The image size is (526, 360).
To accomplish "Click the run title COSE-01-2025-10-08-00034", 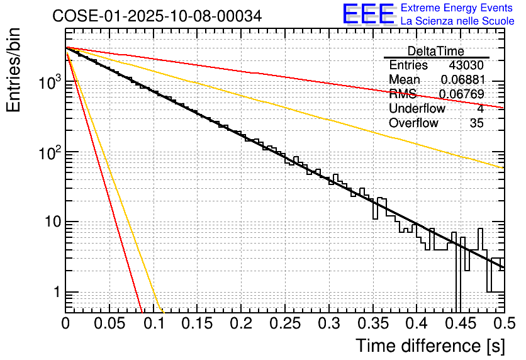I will [157, 16].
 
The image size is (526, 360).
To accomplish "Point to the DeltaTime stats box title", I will [436, 51].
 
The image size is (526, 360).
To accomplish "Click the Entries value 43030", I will [466, 65].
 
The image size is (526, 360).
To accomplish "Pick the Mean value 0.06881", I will [462, 80].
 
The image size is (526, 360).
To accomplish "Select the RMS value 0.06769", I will [462, 94].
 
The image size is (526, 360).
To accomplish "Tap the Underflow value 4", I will [480, 109].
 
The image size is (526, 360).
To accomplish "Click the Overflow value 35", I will [476, 123].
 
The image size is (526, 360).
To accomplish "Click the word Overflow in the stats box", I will [413, 123].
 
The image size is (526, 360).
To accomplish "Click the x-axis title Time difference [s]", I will [430, 346].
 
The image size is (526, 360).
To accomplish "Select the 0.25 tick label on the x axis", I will [285, 324].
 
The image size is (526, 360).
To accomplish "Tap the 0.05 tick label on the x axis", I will [109, 324].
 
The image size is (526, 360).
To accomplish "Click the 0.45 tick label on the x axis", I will [461, 324].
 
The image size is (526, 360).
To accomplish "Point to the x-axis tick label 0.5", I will [503, 324].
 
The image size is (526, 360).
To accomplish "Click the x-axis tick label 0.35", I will [373, 324].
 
